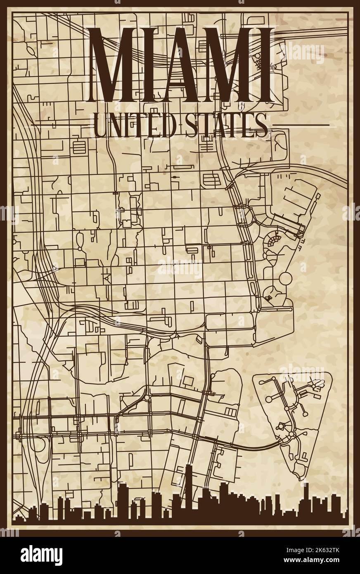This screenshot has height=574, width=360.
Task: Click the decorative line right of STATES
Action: [301, 124]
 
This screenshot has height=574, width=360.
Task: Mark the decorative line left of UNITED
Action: [62, 124]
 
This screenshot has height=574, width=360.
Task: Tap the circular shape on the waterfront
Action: [286, 278]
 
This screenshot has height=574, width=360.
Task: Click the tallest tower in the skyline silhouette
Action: [188, 491]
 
